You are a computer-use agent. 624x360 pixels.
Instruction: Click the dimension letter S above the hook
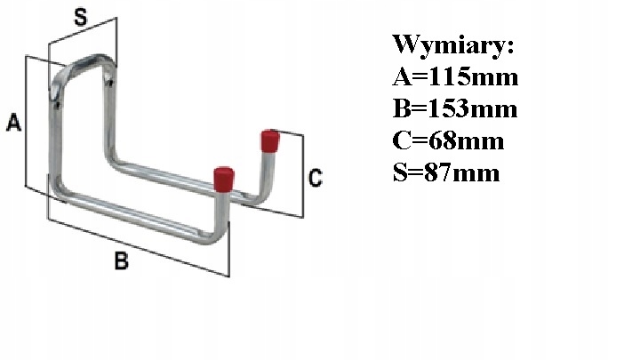80,17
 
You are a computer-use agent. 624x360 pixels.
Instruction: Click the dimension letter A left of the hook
13,124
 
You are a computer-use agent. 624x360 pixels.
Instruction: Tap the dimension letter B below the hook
122,260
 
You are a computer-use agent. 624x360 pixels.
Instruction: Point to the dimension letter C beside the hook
314,179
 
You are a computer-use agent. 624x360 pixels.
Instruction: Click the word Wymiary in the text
453,44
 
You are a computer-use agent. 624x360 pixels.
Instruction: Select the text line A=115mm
454,76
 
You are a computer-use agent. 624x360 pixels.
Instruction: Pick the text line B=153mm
454,108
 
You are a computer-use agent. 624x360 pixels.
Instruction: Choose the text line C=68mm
448,140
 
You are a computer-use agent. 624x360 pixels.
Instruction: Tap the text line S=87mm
446,172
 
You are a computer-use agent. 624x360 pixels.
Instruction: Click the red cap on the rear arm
269,141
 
